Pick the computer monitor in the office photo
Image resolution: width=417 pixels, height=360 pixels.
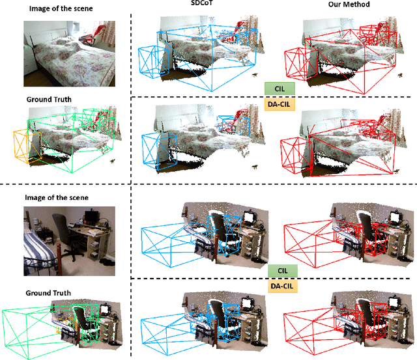tap(94, 215)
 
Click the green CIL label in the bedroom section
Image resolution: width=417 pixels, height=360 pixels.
tap(279, 87)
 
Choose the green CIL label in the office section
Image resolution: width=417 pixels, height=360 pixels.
tap(282, 270)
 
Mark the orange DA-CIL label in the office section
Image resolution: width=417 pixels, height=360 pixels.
tap(282, 284)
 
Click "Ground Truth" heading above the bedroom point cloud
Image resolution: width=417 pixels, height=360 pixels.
tap(49, 99)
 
